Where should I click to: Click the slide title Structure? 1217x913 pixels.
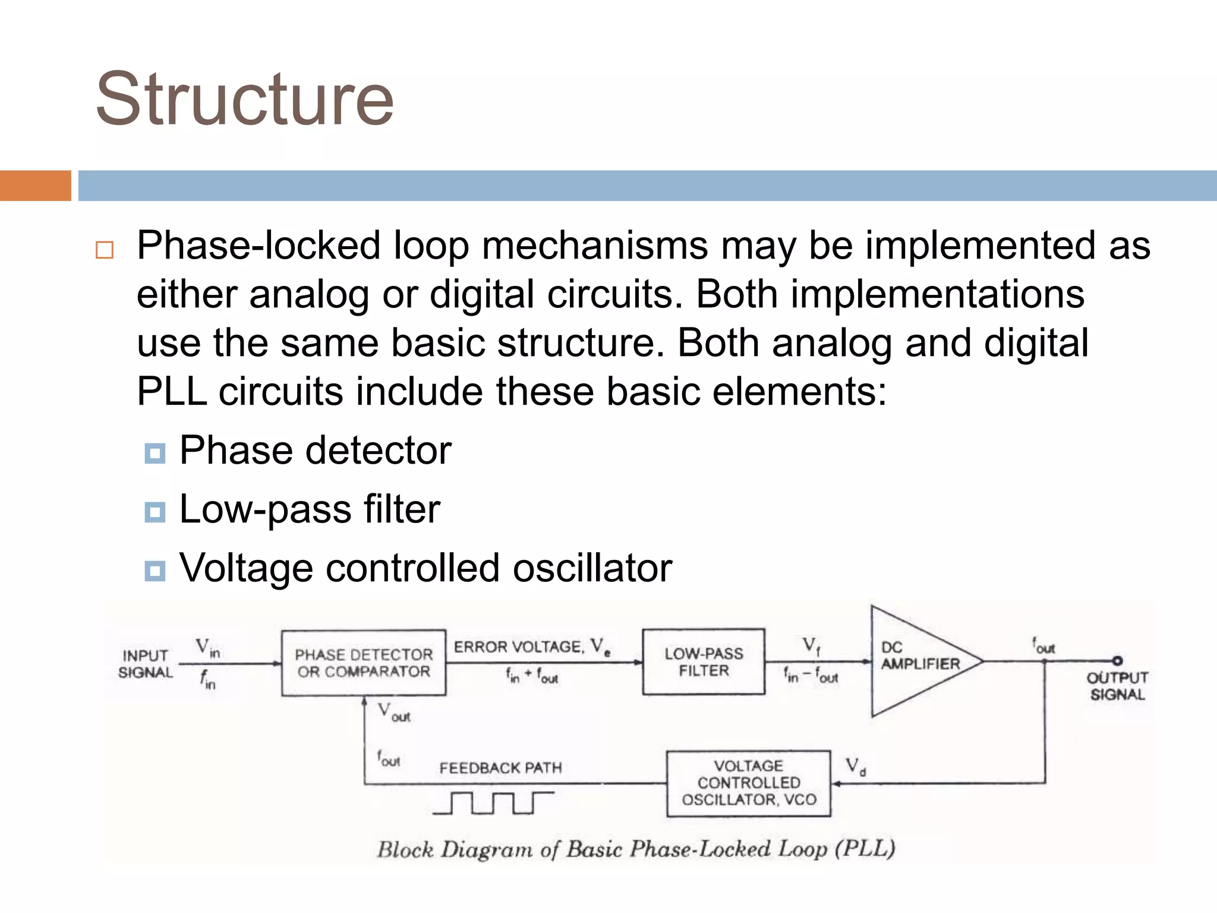pos(244,99)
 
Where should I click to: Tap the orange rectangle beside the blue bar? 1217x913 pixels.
pos(35,185)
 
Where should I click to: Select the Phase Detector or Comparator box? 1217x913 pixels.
pos(364,663)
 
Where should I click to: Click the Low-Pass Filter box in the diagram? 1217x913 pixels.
pos(704,662)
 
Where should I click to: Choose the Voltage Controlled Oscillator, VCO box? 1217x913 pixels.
pos(748,783)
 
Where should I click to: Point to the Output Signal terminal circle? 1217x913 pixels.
pos(1117,660)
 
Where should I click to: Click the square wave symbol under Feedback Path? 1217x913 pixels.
pos(493,802)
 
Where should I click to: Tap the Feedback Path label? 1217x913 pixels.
pos(500,768)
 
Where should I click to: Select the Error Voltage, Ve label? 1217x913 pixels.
pos(532,647)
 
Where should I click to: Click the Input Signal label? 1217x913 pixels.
pos(145,664)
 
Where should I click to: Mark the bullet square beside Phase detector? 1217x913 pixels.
pos(155,454)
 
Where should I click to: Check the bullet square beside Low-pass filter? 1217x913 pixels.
pos(155,512)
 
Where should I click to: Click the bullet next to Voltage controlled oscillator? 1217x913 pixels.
pos(155,571)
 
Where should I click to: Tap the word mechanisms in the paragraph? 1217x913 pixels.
pos(594,246)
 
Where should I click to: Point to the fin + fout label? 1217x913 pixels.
pos(532,676)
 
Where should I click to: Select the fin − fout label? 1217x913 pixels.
pos(811,676)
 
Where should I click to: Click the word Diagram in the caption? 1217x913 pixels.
pos(486,849)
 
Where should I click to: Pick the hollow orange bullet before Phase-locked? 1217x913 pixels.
pos(105,250)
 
